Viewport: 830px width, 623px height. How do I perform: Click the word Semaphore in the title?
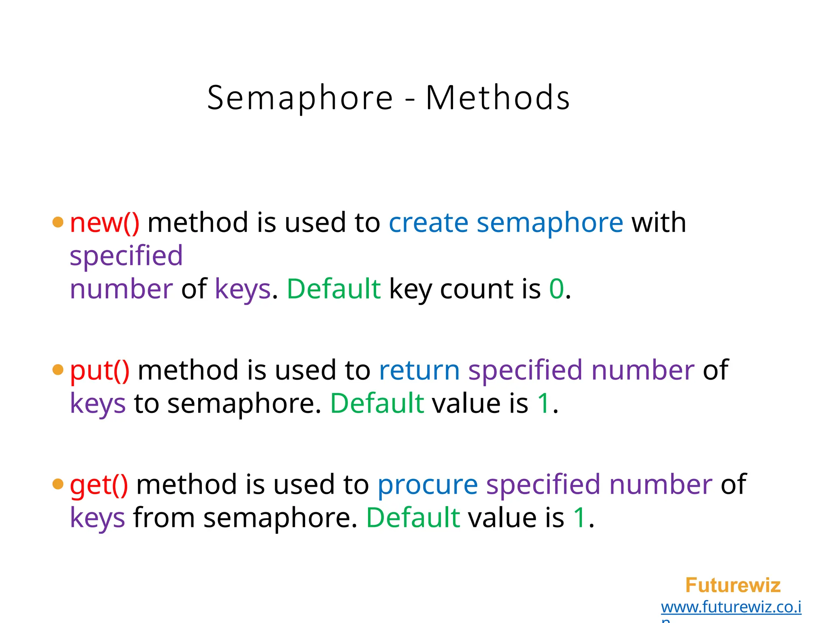coord(300,98)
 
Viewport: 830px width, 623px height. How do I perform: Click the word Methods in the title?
coord(498,98)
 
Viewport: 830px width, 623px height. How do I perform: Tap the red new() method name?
coord(105,223)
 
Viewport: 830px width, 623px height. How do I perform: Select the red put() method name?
coord(100,370)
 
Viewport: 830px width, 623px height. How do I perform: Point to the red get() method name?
coord(99,485)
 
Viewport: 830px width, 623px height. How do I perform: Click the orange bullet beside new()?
coord(58,222)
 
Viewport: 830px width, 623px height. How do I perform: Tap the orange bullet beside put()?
coord(58,370)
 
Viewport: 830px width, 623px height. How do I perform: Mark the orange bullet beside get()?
coord(58,484)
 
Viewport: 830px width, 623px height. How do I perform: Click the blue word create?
coord(428,223)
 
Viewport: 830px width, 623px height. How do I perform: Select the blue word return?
coord(419,370)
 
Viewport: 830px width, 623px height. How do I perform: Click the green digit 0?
coord(556,289)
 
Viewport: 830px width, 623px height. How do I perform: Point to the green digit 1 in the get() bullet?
coord(580,518)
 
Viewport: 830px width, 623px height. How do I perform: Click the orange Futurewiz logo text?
coord(733,585)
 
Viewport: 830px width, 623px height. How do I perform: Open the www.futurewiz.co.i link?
coord(731,607)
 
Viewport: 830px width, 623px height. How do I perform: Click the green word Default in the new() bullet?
coord(334,289)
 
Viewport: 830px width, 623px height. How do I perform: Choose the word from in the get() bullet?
coord(164,518)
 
